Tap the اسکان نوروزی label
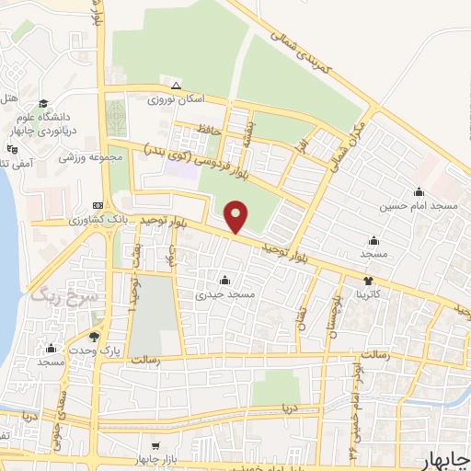174,98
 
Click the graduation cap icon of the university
43,103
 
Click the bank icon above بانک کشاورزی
98,205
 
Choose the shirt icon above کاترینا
368,281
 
